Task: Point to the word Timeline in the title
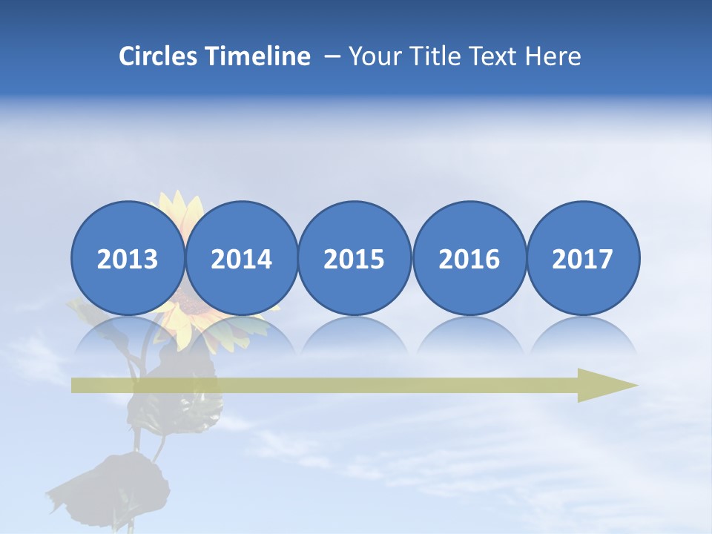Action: (x=259, y=56)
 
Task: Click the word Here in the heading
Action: (x=553, y=56)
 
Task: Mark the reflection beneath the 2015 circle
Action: (x=355, y=337)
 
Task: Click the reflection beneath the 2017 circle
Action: (x=582, y=337)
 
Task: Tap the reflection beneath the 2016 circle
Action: (x=469, y=337)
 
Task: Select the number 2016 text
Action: (x=469, y=259)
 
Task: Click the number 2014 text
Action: (x=241, y=259)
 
